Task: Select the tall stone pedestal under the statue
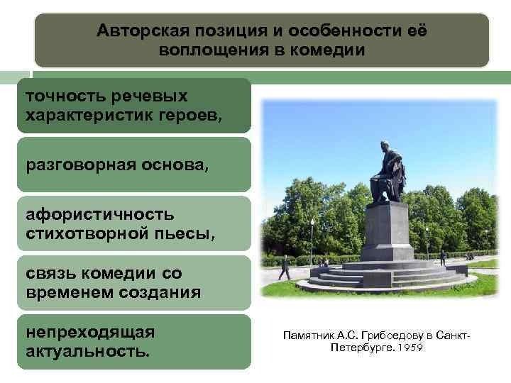point(386,231)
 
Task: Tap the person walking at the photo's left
point(285,267)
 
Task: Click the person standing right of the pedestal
point(441,257)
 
